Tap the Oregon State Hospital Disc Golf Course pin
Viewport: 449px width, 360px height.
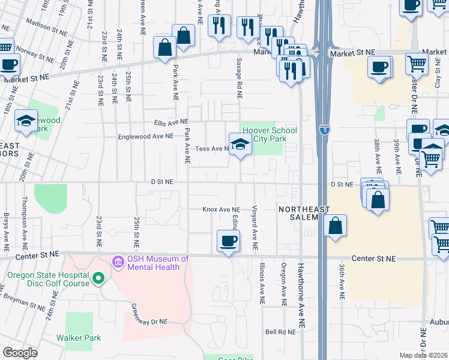(98, 279)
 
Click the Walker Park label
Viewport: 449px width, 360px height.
(79, 338)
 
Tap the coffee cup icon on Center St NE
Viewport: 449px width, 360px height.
(227, 242)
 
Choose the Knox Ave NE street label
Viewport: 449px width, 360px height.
(221, 209)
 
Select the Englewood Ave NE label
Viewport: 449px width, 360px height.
(146, 136)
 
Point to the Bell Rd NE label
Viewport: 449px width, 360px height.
(282, 331)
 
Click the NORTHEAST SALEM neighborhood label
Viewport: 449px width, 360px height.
(297, 213)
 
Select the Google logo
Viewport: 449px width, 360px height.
(20, 352)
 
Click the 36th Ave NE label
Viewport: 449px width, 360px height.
(341, 281)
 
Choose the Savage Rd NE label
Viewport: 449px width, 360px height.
(239, 77)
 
